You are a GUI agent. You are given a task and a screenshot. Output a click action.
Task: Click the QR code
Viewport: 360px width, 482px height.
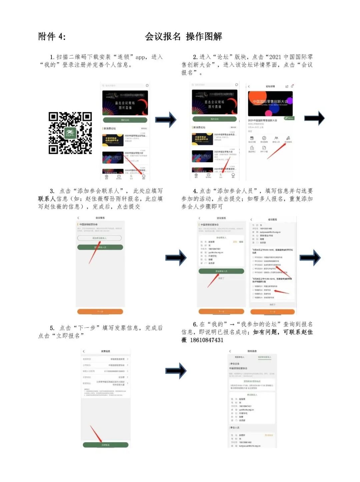[x=70, y=133]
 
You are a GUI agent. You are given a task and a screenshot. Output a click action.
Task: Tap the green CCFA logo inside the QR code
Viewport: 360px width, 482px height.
[x=70, y=133]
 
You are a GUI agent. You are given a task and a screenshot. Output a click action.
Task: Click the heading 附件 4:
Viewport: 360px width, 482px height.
[x=52, y=36]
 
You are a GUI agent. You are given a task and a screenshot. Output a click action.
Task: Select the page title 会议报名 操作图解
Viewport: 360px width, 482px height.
[x=183, y=36]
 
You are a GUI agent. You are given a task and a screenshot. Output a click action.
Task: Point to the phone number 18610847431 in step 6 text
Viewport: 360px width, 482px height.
[x=207, y=340]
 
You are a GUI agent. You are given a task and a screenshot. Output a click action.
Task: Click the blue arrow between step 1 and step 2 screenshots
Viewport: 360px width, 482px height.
[x=166, y=119]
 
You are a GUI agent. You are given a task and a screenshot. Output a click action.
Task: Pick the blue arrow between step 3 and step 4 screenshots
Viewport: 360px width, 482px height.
[x=176, y=257]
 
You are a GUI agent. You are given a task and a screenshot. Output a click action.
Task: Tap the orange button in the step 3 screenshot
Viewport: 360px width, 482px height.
[x=100, y=312]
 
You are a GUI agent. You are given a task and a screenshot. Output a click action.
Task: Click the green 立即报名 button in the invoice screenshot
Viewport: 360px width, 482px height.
[x=105, y=445]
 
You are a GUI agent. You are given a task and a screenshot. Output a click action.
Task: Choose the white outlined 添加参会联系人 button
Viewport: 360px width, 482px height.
[x=99, y=238]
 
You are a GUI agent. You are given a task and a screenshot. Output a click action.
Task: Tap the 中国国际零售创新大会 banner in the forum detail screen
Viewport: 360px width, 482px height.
[x=270, y=103]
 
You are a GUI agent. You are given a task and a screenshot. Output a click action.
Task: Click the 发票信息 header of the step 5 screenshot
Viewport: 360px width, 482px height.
[x=105, y=351]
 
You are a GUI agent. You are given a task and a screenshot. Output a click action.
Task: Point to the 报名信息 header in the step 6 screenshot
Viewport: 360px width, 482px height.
[x=252, y=351]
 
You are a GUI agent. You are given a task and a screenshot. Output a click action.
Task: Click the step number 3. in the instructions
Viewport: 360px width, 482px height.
[x=52, y=191]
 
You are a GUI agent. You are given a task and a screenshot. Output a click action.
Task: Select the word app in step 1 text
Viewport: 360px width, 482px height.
[x=140, y=57]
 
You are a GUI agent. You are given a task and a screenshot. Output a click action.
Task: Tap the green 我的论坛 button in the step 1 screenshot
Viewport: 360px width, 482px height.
[x=125, y=120]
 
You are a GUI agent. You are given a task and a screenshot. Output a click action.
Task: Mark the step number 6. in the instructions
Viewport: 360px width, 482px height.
[x=195, y=324]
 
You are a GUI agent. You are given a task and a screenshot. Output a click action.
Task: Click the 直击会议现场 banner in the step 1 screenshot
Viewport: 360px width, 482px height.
[x=125, y=103]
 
